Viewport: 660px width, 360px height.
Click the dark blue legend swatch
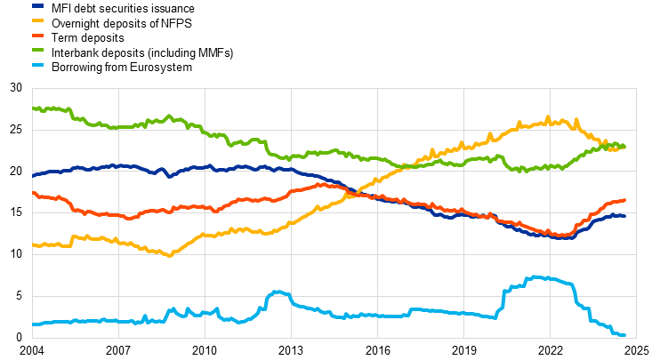[37, 5]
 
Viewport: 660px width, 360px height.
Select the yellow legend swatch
[37, 20]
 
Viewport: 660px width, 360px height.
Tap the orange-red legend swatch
[37, 35]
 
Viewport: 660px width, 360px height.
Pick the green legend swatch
[37, 50]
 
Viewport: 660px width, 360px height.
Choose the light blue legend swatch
[37, 65]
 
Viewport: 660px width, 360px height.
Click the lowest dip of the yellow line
[170, 255]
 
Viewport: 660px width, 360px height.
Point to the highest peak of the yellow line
[547, 117]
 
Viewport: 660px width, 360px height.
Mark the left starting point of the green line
[34, 108]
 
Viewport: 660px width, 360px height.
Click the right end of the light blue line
[624, 335]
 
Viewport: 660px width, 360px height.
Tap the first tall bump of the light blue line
[278, 292]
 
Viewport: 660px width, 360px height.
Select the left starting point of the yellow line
[34, 244]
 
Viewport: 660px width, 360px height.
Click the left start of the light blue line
[34, 324]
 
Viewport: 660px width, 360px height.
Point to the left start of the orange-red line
[34, 193]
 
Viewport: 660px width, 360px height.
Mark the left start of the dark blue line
[34, 175]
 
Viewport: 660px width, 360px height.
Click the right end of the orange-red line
[624, 200]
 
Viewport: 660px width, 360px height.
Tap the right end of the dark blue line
[624, 215]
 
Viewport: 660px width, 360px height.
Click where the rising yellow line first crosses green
[402, 166]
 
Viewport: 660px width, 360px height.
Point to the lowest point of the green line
[523, 170]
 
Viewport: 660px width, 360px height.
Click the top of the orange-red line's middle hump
[322, 184]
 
